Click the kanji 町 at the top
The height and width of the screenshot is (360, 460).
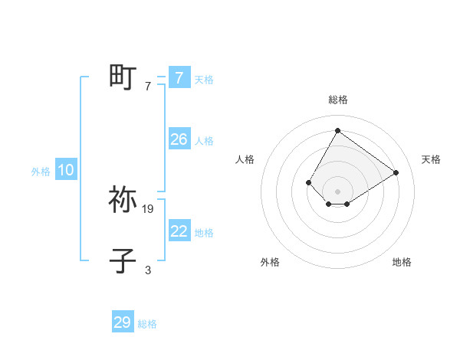click(123, 77)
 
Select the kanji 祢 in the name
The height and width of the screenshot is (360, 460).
click(123, 199)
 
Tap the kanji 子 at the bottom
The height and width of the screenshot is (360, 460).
click(123, 260)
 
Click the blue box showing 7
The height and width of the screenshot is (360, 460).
click(179, 77)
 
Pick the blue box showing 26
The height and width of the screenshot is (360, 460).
click(179, 139)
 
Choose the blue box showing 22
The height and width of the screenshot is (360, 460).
click(179, 231)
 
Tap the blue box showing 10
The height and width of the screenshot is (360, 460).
click(66, 170)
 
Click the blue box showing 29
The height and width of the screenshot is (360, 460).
click(123, 322)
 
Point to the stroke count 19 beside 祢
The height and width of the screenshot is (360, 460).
click(148, 208)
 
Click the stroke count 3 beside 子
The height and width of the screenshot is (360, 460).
click(148, 270)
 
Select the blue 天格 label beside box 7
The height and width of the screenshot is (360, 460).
click(204, 79)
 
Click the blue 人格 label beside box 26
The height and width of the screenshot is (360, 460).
click(204, 141)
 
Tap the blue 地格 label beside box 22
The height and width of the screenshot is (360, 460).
click(204, 233)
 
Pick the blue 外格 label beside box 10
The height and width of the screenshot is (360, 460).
click(41, 172)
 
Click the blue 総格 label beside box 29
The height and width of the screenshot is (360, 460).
click(147, 324)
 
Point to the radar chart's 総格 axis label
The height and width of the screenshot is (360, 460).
click(337, 100)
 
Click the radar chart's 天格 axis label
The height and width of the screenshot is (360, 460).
click(431, 159)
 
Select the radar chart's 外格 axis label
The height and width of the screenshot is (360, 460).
click(270, 263)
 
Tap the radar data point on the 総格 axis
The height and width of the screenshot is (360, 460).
click(337, 130)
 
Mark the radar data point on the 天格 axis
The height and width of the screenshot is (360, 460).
click(396, 172)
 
